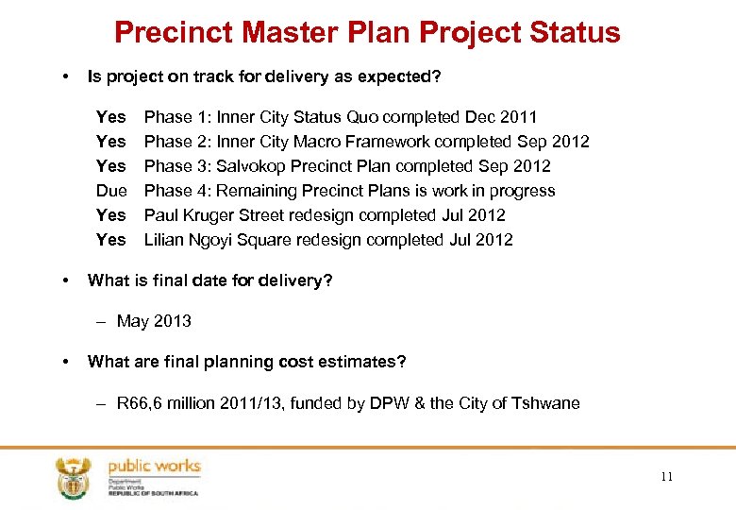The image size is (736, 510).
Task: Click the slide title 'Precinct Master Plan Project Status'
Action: point(367,32)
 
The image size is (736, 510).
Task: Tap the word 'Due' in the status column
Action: point(111,191)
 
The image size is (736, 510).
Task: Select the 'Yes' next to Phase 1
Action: point(110,117)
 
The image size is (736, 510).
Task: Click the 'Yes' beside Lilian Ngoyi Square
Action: point(110,240)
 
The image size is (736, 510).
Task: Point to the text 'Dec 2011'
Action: point(501,117)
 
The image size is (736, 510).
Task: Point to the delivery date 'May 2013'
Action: point(154,321)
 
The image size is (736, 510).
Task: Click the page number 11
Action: point(667,477)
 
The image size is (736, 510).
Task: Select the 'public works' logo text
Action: point(154,467)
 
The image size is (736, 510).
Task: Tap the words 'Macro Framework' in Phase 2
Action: point(334,142)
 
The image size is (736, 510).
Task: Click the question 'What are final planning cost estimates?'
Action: point(246,361)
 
